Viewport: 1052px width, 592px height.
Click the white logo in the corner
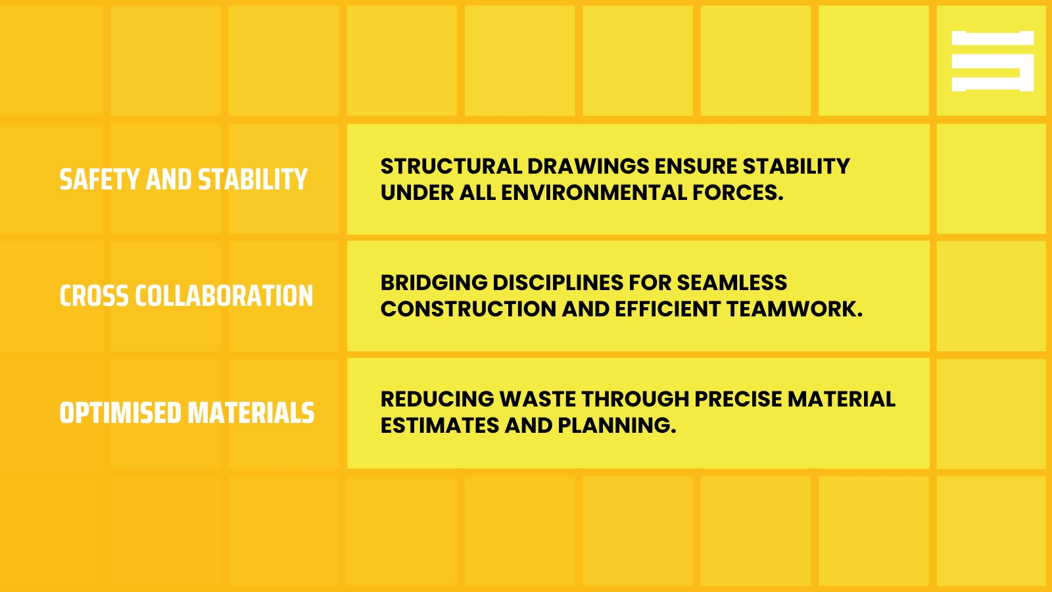(992, 61)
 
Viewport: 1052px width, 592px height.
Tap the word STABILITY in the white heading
(252, 180)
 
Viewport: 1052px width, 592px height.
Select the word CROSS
(94, 296)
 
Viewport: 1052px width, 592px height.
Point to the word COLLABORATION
(224, 296)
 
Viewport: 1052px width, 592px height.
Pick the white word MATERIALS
(251, 413)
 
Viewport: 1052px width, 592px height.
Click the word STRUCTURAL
(451, 166)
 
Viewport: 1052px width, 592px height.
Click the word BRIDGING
(435, 283)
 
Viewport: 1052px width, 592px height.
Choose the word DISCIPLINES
(558, 283)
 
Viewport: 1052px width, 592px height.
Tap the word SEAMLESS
(732, 283)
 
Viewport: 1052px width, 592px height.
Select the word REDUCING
(437, 399)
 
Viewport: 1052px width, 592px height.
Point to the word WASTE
(538, 399)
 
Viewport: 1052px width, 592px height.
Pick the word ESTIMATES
(440, 426)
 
